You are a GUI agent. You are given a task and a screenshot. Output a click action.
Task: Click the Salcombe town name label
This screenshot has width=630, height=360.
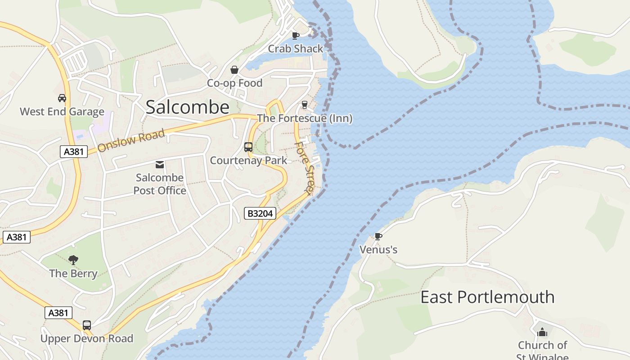(x=188, y=107)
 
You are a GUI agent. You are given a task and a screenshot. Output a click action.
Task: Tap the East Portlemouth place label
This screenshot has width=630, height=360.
(x=487, y=297)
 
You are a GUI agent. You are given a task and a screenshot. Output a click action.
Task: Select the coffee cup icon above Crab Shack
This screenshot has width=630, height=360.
(x=295, y=36)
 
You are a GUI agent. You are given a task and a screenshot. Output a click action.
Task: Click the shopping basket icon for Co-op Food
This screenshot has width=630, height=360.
(x=234, y=70)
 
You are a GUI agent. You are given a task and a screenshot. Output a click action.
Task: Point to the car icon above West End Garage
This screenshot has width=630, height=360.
(x=62, y=98)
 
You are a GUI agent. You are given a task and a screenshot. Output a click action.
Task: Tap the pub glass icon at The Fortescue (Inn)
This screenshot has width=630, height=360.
(x=305, y=105)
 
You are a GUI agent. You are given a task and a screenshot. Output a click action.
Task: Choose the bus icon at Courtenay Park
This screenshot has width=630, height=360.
(x=248, y=147)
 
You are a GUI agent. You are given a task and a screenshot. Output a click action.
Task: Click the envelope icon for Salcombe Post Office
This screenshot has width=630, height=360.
(x=160, y=165)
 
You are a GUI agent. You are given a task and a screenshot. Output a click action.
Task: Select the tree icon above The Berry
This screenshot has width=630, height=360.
(x=73, y=260)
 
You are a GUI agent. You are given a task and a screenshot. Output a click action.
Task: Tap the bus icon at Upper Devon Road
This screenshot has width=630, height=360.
(x=87, y=325)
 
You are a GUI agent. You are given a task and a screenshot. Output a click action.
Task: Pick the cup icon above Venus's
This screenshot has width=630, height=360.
(x=378, y=236)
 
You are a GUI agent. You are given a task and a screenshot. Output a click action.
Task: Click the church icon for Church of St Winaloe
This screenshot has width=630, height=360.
(x=542, y=332)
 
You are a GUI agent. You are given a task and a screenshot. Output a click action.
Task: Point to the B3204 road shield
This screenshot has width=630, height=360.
(x=260, y=213)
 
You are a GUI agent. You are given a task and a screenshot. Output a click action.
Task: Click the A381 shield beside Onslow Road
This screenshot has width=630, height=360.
(x=73, y=152)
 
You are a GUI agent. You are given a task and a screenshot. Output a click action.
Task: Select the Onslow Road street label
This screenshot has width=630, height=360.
(x=131, y=141)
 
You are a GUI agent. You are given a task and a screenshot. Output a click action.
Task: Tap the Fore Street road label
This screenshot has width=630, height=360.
(x=304, y=168)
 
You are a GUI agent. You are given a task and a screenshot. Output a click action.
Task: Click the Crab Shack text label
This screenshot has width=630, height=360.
(x=296, y=49)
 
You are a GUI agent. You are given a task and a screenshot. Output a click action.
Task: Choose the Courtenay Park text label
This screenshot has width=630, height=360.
(x=248, y=160)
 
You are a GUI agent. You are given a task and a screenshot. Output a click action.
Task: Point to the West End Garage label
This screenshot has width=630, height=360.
(x=62, y=112)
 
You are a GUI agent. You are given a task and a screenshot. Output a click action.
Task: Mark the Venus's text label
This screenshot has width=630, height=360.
(x=378, y=249)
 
